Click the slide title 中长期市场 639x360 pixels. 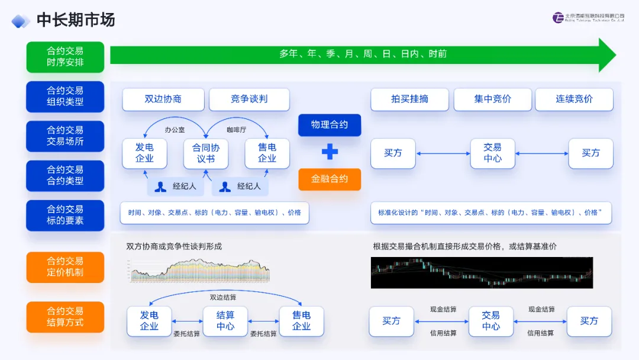click(76, 20)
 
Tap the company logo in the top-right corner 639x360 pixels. click(588, 18)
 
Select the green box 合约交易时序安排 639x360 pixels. click(65, 57)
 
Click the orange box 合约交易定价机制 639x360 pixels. click(65, 267)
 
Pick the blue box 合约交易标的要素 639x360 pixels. click(65, 215)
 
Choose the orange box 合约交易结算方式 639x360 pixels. click(65, 317)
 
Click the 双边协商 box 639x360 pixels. click(163, 99)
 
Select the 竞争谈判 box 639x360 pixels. click(249, 99)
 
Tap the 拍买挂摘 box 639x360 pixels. click(409, 99)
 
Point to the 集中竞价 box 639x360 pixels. click(492, 99)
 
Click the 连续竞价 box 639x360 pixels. click(574, 99)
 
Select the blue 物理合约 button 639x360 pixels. click(330, 125)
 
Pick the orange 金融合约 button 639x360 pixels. click(330, 179)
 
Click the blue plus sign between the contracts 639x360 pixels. click(330, 152)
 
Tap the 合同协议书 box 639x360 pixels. click(205, 153)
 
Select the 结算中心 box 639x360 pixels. click(225, 321)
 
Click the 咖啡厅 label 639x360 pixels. click(237, 130)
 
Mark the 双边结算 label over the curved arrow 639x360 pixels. click(223, 297)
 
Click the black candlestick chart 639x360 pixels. click(482, 272)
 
